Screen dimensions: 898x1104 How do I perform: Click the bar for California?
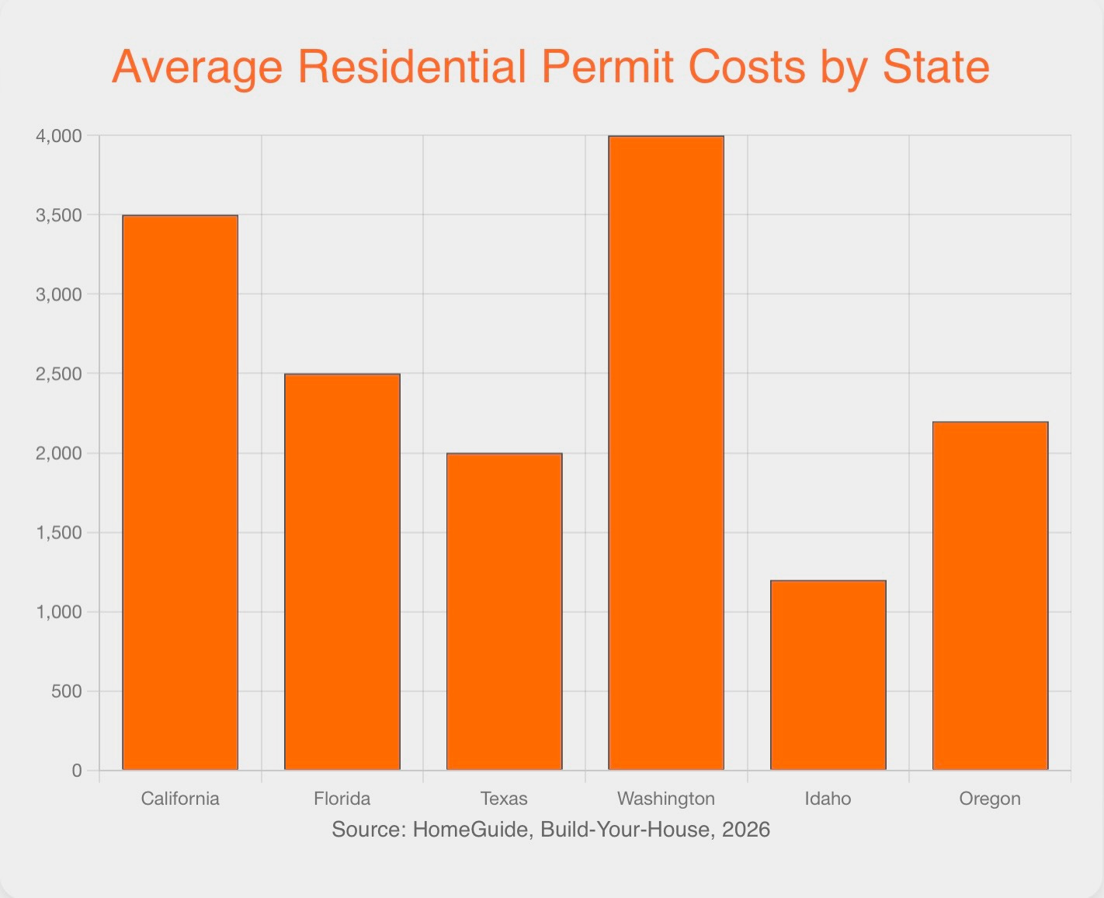180,493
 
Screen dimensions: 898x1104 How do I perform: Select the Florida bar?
342,572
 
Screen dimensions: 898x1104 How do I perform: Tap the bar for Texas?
504,611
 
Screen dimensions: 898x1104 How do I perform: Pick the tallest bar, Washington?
666,453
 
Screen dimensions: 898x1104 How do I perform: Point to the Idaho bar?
828,675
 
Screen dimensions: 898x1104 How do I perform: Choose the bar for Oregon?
990,596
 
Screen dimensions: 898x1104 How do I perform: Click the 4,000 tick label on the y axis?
59,136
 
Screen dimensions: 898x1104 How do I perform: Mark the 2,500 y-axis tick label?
59,374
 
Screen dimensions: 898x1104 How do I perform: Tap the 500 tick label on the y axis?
67,691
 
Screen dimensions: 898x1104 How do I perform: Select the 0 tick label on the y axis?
77,771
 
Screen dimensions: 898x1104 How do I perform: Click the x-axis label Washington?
666,799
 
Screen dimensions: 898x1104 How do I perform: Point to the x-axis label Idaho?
828,799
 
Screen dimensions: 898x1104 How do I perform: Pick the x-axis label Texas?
504,799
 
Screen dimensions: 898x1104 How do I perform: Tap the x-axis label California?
180,799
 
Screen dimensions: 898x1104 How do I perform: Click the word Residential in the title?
412,67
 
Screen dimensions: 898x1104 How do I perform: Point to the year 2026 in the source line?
745,830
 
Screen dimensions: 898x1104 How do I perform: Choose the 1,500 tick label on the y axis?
59,533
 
